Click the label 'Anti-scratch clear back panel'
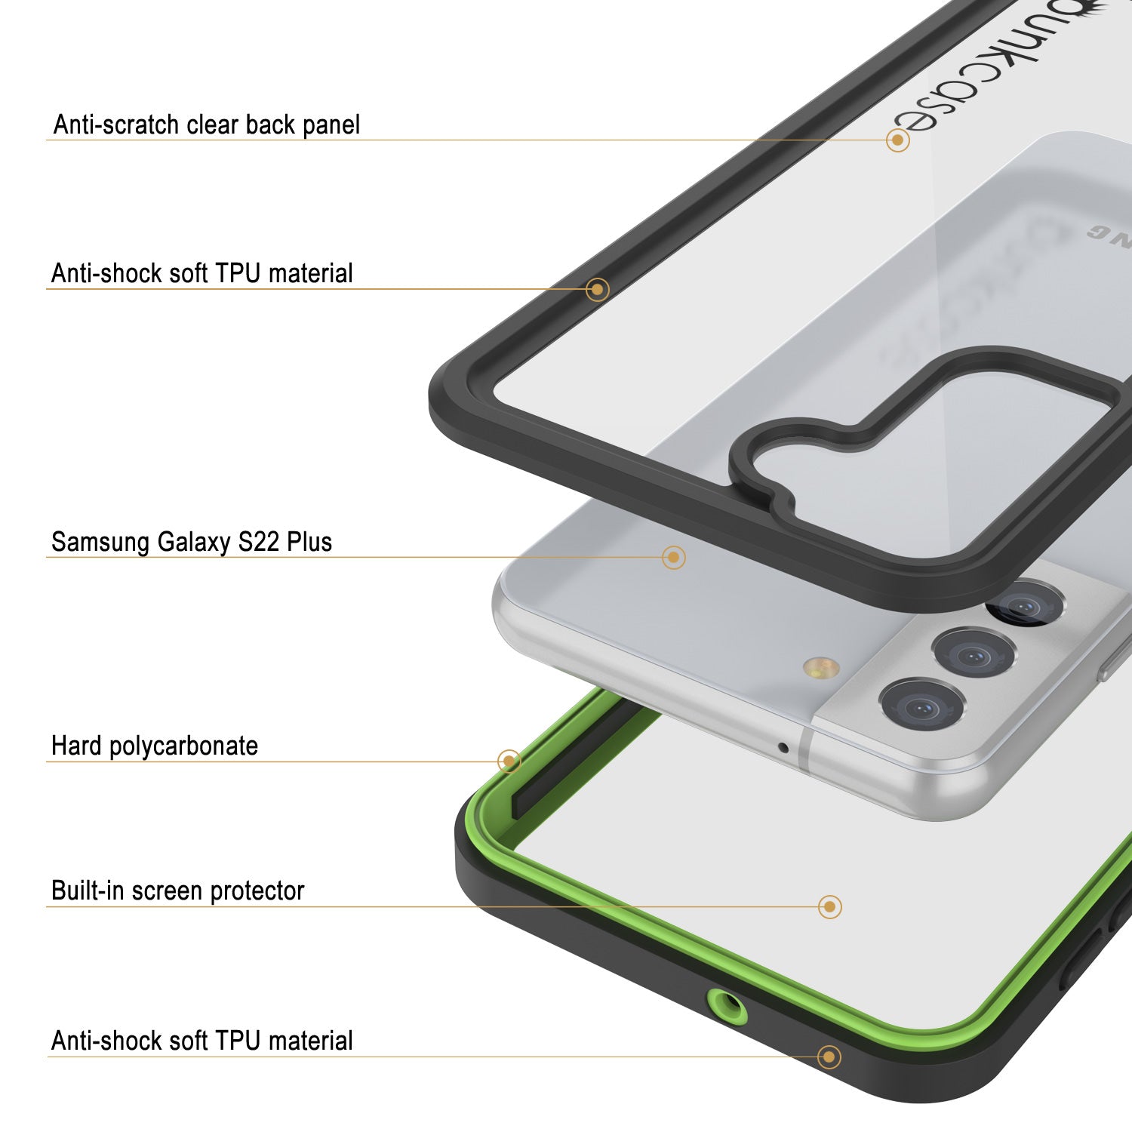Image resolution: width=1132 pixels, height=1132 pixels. [x=206, y=125]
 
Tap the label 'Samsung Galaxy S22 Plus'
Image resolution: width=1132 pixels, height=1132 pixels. [x=191, y=542]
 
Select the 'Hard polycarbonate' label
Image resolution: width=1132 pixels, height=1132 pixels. [x=154, y=746]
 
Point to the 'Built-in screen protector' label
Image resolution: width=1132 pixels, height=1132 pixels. [x=177, y=891]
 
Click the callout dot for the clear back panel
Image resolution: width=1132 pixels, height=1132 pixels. [x=897, y=140]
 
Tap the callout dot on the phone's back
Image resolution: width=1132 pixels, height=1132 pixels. [x=673, y=558]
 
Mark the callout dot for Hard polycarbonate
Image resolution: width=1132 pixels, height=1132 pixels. [x=509, y=761]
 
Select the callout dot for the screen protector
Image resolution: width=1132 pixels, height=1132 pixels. [x=829, y=906]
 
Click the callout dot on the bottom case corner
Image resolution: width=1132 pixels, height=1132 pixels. [x=829, y=1057]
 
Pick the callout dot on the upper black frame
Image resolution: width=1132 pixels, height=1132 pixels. [x=598, y=289]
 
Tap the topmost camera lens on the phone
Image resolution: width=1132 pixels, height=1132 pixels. [x=1025, y=604]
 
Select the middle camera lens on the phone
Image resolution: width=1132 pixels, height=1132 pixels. [x=972, y=653]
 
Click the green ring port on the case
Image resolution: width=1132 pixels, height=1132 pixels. [x=727, y=1006]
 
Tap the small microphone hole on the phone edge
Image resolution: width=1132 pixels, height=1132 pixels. [x=783, y=748]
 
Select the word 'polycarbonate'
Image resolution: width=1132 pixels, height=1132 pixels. [x=183, y=746]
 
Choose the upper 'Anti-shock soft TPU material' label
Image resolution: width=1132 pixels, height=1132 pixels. [x=201, y=273]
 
